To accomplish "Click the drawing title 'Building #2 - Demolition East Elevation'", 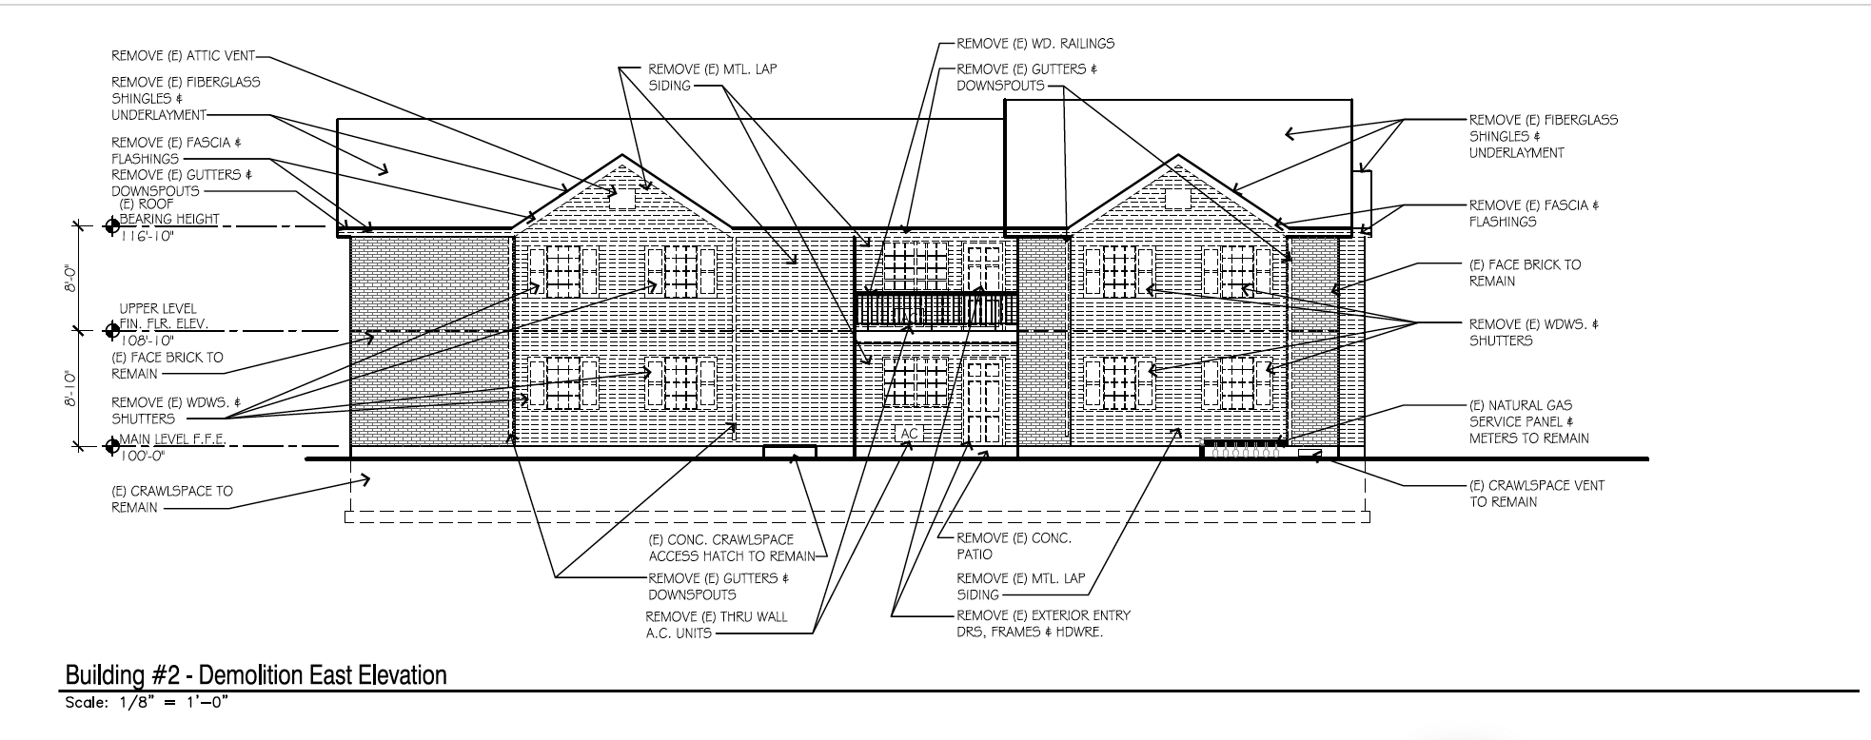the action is coord(255,675).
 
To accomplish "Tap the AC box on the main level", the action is coord(909,434).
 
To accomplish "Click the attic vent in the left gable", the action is coord(621,199).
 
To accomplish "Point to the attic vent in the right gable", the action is coord(1177,198).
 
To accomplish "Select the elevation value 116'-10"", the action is coord(148,236).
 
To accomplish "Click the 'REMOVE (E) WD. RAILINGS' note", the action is coord(1034,44).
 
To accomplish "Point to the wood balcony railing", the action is coord(935,309).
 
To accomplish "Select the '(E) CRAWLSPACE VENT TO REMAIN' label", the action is coord(1536,493).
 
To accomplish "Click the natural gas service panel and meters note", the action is coord(1528,421).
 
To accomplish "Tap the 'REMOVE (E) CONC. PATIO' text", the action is coord(1014,546).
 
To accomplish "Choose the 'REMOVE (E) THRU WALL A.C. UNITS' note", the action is coord(716,624).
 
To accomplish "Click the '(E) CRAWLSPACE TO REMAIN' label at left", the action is coord(171,499).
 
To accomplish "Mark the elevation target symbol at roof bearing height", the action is coord(111,225).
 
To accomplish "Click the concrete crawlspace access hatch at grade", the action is coord(789,453).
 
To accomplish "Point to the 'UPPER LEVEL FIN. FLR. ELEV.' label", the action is coord(162,317).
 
